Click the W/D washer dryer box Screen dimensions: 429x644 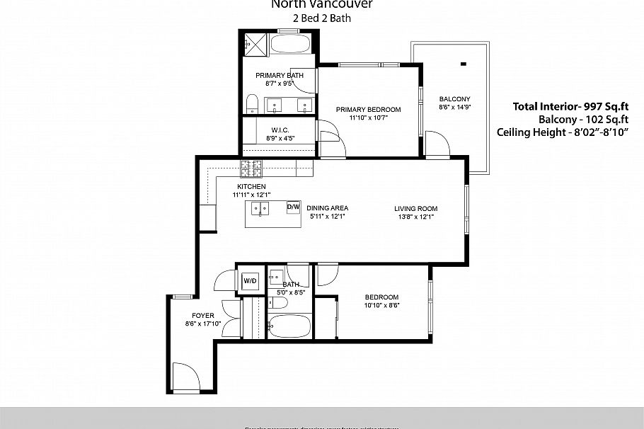[250, 280]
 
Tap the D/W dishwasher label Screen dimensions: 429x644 [293, 207]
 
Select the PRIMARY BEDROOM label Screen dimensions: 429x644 [368, 109]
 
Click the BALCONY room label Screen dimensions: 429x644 [454, 99]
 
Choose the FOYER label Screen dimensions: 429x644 [202, 316]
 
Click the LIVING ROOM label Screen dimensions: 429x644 [416, 209]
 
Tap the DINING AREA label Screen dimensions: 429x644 [327, 208]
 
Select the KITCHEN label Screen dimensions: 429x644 [251, 186]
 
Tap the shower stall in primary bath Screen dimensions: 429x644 [255, 45]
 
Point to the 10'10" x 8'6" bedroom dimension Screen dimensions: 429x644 [381, 306]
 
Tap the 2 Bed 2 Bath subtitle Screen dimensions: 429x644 [322, 18]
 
